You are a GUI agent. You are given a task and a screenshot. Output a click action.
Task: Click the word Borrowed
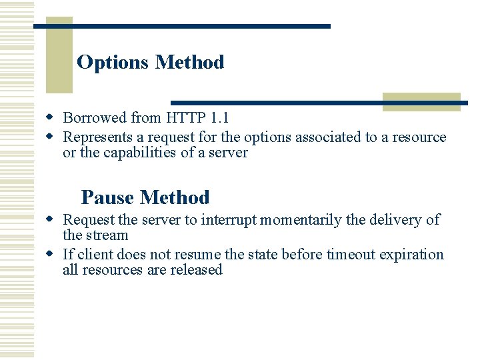tap(94, 118)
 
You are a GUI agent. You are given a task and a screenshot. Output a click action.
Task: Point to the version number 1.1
tap(219, 118)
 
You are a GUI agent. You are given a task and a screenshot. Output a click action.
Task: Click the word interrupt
tap(228, 220)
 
